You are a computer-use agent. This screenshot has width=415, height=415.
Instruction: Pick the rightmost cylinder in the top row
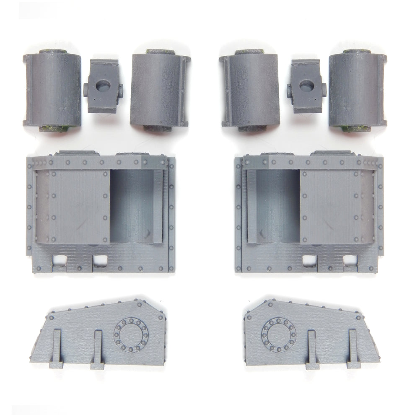357,91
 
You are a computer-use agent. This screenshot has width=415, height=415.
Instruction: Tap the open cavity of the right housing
277,205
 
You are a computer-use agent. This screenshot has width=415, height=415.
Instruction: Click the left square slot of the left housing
59,260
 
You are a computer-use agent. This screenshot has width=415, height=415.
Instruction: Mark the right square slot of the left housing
100,260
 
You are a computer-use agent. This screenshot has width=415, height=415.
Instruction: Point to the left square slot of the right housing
309,260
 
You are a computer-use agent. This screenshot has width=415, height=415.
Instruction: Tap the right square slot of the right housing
350,260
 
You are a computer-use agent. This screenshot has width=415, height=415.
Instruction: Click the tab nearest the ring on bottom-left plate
98,348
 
